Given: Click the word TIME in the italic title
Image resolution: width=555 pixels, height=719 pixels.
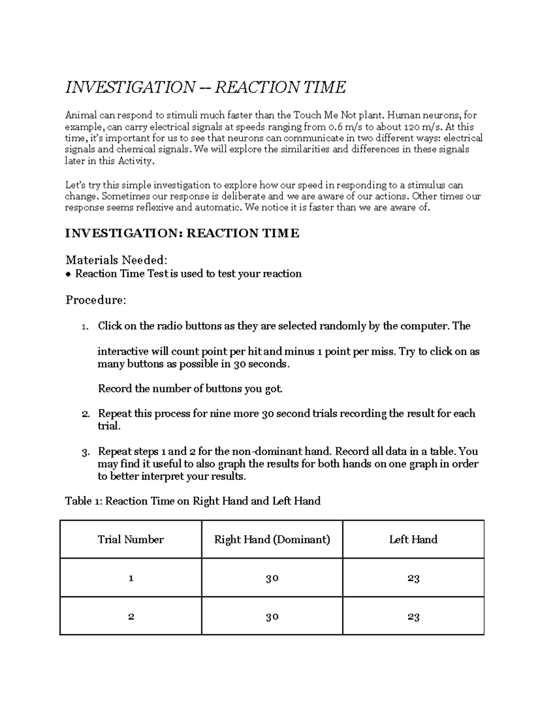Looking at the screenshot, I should click(324, 87).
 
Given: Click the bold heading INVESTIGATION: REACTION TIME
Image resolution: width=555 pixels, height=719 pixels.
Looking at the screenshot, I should click(182, 233).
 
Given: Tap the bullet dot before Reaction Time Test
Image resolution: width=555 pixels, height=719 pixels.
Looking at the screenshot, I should click(68, 274).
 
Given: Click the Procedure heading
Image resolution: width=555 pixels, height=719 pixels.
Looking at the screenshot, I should click(95, 300).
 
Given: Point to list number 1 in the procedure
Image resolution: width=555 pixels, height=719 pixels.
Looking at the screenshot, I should click(85, 326).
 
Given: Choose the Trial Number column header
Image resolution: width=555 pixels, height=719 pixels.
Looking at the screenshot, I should click(131, 539).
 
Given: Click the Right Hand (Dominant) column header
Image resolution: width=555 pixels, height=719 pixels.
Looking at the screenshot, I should click(272, 539).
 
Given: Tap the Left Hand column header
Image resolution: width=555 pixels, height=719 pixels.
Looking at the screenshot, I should click(413, 539).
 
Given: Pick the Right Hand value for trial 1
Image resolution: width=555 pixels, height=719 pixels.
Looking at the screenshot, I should click(272, 578).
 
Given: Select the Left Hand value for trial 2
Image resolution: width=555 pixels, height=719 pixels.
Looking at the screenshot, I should click(413, 617).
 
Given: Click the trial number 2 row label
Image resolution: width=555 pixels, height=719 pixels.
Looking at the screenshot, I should click(131, 617).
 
